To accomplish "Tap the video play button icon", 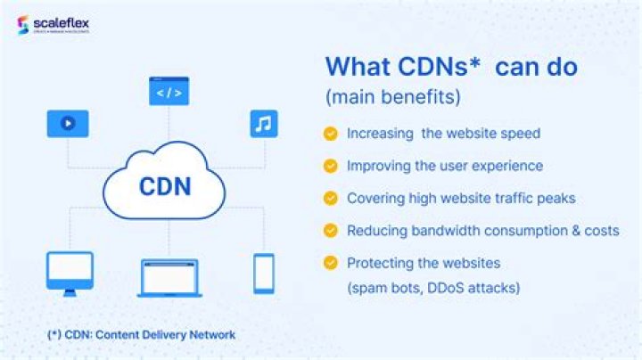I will tap(68, 123).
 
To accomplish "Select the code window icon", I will tap(169, 91).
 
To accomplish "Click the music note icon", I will tap(262, 123).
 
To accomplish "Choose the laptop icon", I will tap(169, 278).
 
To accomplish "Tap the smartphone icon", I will tap(263, 273).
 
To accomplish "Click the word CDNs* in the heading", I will tap(437, 68).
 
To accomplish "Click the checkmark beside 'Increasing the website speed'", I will tap(331, 134).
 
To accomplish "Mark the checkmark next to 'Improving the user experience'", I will tap(331, 166).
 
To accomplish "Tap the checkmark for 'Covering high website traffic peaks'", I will tap(331, 198).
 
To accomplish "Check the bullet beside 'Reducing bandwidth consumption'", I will tap(331, 230).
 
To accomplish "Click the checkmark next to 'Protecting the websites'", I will tap(331, 263).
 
